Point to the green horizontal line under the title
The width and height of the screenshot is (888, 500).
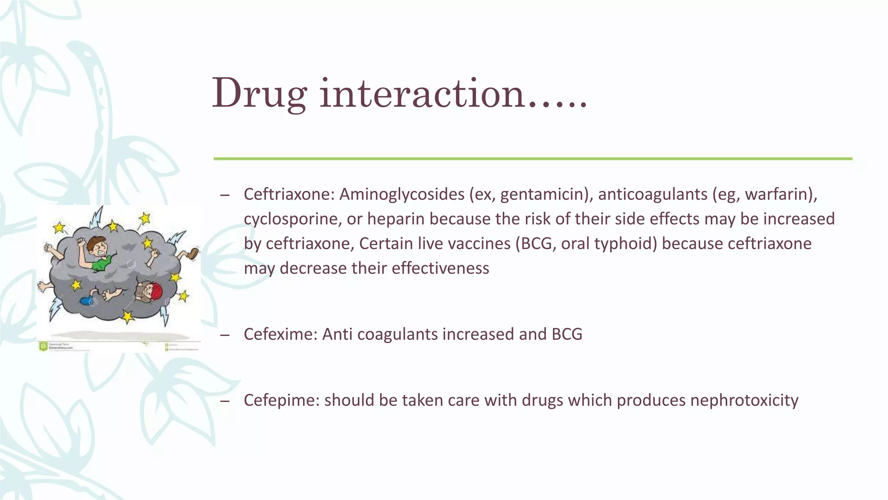[532, 159]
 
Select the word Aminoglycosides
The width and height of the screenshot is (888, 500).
[402, 194]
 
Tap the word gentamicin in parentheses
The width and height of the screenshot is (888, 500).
[544, 194]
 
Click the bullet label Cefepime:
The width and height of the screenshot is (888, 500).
[282, 400]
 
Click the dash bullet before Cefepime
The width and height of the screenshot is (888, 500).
[225, 401]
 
